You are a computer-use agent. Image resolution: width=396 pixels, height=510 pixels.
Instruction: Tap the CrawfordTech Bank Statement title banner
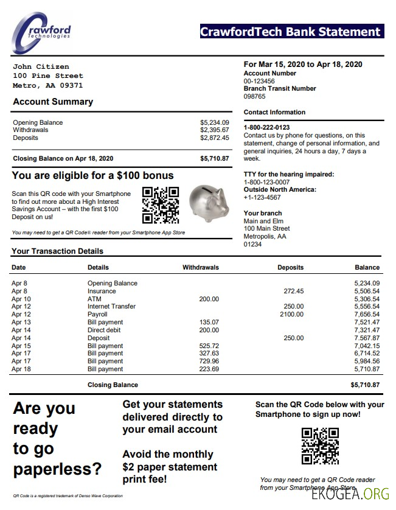pos(291,32)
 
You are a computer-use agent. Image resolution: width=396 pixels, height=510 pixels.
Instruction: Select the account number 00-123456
pos(259,81)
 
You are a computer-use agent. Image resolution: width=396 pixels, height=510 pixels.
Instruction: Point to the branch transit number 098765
pos(255,96)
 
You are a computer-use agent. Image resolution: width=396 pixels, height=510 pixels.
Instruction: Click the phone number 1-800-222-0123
pos(266,127)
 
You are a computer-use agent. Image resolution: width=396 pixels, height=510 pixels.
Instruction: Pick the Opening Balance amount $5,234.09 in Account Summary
pos(214,122)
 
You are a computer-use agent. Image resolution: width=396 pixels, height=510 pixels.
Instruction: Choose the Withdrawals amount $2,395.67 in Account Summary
pos(214,130)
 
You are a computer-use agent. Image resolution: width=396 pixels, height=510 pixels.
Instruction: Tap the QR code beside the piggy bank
pos(161,205)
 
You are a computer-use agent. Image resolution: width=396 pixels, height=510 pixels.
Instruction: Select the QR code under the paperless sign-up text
pos(320,446)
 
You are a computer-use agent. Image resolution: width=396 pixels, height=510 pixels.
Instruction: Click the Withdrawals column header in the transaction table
pos(200,267)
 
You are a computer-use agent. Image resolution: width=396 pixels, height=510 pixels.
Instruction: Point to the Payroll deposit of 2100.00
pos(291,314)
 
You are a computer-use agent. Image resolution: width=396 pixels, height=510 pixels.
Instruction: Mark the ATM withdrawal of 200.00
pos(209,299)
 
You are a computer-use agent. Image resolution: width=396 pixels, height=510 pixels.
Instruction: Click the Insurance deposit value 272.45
pos(293,291)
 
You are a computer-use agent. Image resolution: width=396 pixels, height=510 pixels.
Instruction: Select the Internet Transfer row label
pos(111,306)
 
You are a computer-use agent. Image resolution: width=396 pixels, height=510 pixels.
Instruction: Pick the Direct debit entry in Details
pos(105,330)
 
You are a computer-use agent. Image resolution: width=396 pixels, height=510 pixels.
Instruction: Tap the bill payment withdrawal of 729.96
pos(209,361)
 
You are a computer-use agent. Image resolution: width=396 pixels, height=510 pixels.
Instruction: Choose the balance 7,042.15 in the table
pos(367,346)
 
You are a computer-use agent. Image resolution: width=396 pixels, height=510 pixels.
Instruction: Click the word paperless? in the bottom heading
pos(57,469)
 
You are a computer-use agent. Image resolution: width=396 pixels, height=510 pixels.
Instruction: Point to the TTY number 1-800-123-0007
pos(266,182)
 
